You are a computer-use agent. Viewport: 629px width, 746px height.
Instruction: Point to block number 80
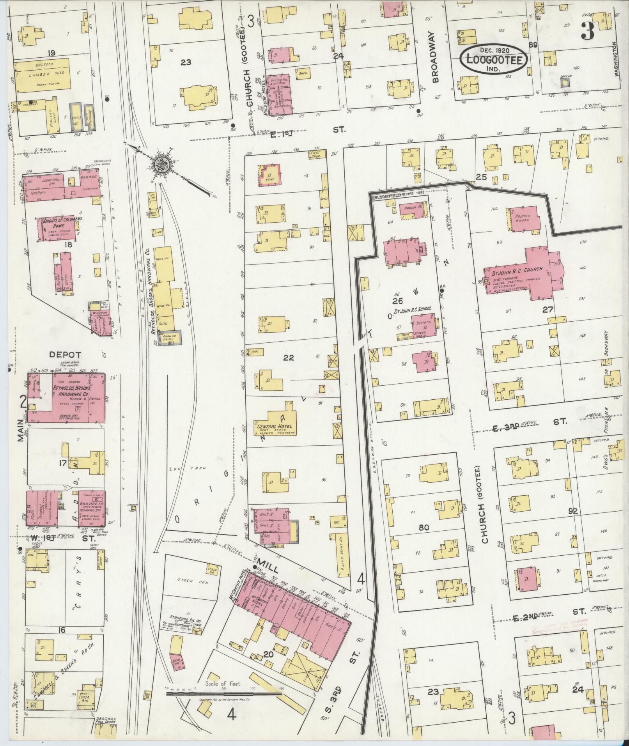[423, 528]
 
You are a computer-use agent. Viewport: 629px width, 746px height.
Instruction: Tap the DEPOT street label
[65, 354]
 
